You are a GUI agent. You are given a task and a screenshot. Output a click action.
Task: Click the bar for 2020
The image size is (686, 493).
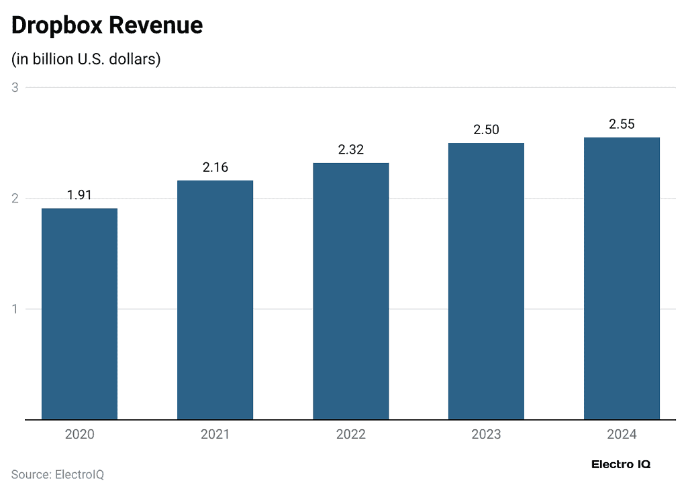click(79, 314)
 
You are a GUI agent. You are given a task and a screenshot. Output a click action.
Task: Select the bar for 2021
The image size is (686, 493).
click(215, 300)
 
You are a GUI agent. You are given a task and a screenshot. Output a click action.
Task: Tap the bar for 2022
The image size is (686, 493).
click(350, 291)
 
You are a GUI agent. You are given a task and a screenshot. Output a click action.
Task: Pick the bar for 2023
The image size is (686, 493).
click(486, 281)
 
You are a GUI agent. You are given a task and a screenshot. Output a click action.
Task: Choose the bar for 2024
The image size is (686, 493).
click(622, 278)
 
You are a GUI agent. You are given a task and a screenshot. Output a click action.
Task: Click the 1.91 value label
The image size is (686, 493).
click(79, 195)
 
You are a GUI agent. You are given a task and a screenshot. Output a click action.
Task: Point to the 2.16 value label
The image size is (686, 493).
click(215, 168)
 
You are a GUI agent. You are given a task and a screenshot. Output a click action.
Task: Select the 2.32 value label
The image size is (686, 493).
click(350, 150)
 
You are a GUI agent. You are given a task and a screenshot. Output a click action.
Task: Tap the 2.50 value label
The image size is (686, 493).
click(486, 130)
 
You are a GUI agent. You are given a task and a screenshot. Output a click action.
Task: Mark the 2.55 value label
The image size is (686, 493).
click(622, 125)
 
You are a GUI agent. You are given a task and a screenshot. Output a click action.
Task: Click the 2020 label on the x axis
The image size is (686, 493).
click(79, 435)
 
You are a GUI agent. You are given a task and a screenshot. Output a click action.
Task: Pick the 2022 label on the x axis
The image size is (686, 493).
click(350, 435)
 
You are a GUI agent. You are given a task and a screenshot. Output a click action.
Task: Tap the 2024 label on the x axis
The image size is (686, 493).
click(622, 435)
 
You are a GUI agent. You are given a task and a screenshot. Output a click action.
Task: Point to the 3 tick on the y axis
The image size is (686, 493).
click(15, 88)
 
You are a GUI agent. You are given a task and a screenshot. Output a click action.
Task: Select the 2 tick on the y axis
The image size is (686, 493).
click(15, 199)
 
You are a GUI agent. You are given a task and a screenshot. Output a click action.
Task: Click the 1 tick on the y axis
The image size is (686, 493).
click(15, 309)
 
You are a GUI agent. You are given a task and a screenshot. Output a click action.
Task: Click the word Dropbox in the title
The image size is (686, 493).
click(56, 25)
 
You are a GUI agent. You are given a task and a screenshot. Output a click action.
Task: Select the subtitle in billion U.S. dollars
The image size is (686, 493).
click(86, 59)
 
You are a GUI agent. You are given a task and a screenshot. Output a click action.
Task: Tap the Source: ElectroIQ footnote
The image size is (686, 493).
click(58, 475)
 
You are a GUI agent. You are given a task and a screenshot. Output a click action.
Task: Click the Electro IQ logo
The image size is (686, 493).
click(621, 464)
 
